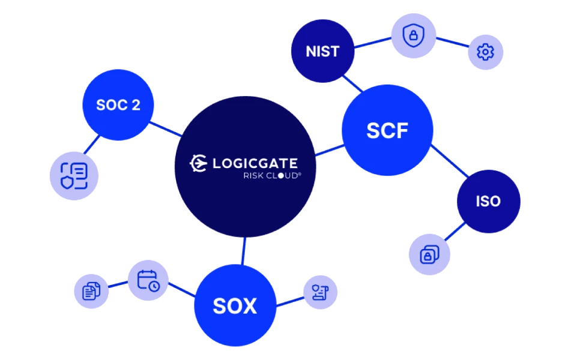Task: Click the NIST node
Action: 322,51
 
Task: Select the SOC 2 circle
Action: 118,105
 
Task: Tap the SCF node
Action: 387,130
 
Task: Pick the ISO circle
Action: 488,201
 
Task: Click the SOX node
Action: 235,306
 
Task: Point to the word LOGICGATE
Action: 255,163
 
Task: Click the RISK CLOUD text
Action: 271,176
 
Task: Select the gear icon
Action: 485,52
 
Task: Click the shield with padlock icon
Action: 412,36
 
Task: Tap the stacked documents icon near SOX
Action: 91,292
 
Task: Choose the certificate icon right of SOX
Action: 319,293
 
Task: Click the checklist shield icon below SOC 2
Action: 74,176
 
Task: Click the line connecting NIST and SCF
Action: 353,84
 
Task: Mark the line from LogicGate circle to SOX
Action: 243,251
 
